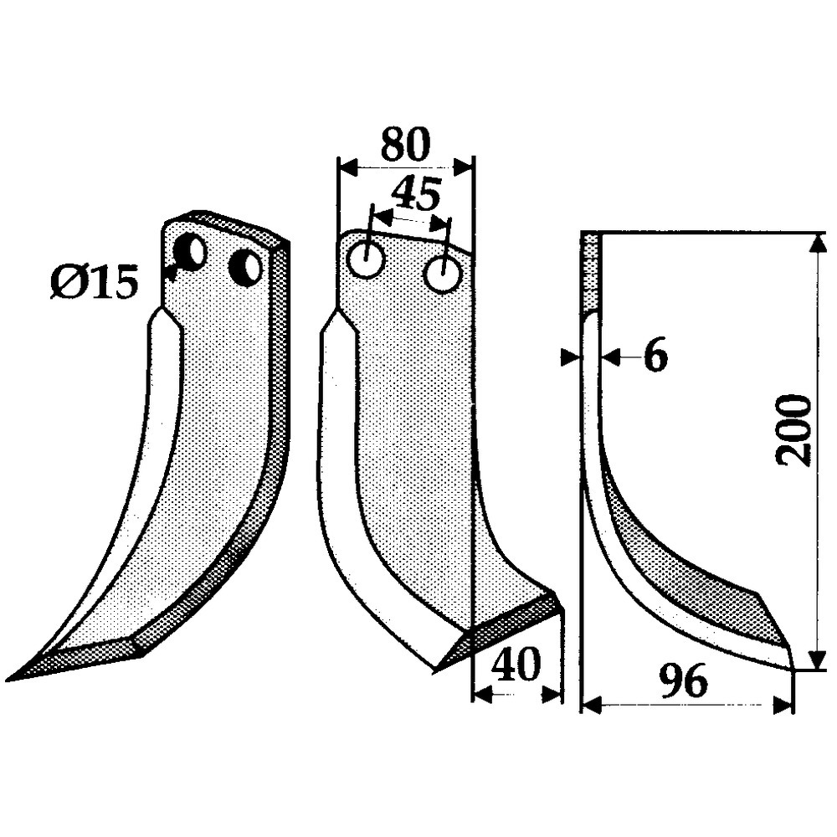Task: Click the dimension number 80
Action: (x=405, y=144)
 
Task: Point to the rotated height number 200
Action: (x=793, y=430)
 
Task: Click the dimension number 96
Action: (x=683, y=681)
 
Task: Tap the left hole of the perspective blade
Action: (x=192, y=253)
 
